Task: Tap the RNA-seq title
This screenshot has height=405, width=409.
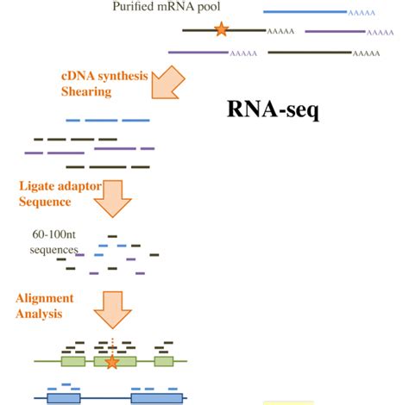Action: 273,110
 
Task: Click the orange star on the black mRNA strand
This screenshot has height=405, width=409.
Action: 222,30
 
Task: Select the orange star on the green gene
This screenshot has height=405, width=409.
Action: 111,362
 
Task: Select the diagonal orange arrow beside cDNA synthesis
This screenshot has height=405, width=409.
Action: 169,84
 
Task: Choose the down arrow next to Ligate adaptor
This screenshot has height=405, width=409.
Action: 110,199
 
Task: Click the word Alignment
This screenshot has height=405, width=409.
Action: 44,298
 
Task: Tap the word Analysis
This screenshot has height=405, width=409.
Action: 39,314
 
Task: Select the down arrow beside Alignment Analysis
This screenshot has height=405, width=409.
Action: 111,309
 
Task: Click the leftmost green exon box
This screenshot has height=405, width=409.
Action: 73,362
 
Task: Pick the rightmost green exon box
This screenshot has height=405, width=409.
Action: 164,362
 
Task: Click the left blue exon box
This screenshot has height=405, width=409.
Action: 63,398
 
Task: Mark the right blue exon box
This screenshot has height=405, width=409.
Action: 156,398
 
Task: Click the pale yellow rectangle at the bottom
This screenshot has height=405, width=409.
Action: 287,402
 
